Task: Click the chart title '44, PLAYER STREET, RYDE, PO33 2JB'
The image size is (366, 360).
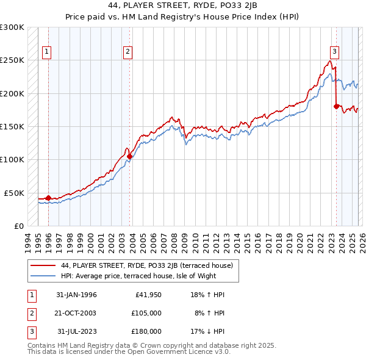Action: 183,7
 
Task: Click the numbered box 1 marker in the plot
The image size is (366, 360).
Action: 47,52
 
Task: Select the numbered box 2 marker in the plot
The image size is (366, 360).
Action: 127,52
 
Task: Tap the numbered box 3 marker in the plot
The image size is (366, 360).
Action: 334,52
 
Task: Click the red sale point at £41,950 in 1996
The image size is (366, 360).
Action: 48,198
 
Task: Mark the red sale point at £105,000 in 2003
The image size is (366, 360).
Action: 129,156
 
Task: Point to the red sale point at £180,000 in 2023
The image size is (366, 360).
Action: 336,107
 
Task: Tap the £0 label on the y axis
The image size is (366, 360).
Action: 18,226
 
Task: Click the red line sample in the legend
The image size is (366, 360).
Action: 43,265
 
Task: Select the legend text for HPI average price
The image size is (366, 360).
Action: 139,276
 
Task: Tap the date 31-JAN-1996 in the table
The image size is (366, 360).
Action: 76,295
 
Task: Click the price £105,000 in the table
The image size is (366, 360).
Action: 146,313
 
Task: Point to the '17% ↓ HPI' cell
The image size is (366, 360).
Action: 207,331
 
